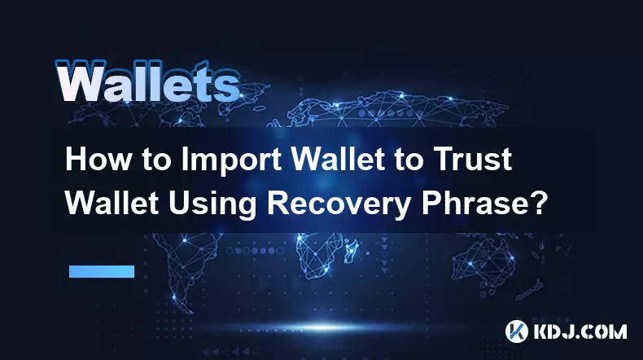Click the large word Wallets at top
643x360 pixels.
click(x=147, y=81)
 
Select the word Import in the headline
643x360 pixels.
click(x=230, y=161)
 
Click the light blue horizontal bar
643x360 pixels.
click(x=102, y=271)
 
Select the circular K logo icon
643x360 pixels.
click(x=517, y=331)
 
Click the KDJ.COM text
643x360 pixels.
click(x=580, y=331)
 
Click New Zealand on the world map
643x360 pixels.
click(x=530, y=290)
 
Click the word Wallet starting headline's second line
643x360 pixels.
click(x=112, y=203)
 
